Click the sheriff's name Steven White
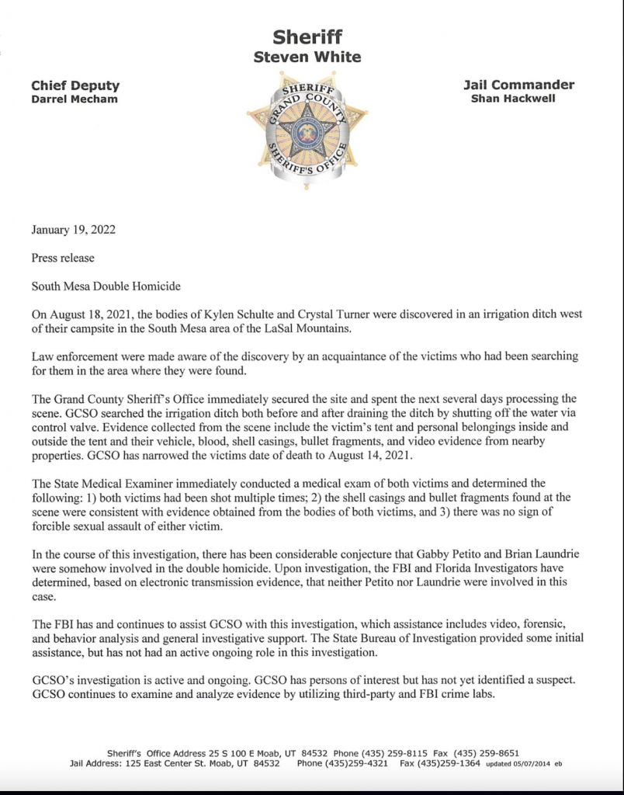coord(307,57)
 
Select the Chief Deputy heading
coord(75,85)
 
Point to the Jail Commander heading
coord(518,85)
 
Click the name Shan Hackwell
coord(513,99)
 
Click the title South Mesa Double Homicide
coord(106,286)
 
